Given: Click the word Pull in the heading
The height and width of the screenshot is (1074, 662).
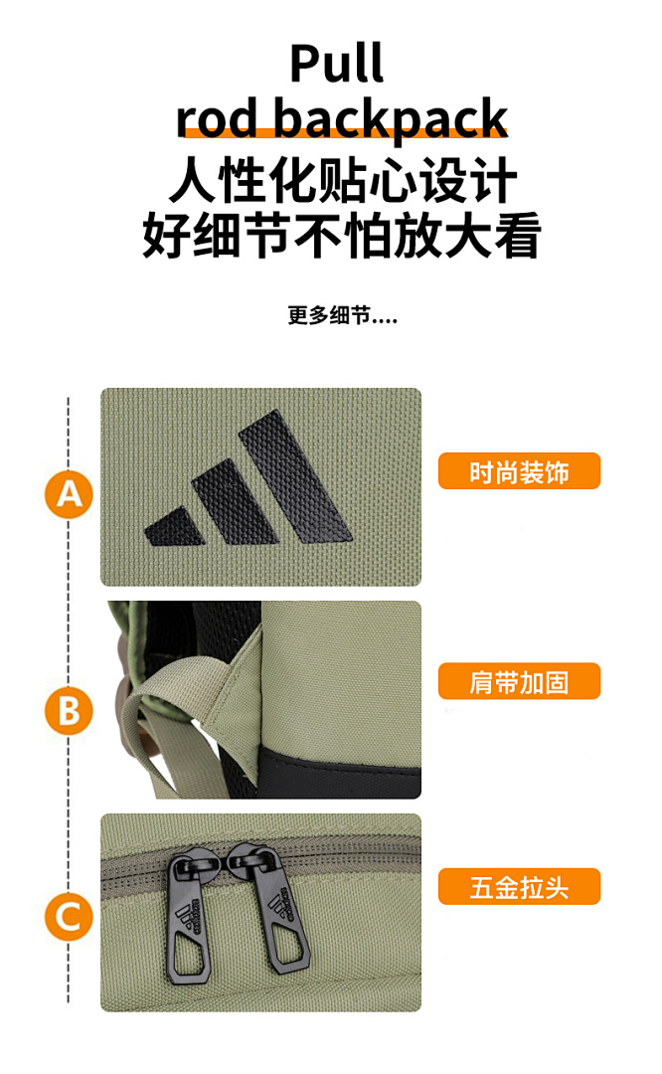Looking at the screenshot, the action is (x=336, y=64).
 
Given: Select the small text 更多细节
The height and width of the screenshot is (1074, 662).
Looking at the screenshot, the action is (x=329, y=315).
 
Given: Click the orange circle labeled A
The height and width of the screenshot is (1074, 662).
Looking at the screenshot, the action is (x=69, y=494).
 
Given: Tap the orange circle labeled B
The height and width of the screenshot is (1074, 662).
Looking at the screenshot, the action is (x=69, y=710).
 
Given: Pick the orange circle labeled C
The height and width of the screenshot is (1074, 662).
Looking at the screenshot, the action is (x=69, y=917).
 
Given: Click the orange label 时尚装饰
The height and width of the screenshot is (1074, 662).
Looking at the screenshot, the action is (x=519, y=471).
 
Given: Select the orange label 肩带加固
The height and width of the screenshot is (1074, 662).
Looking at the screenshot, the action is (x=519, y=681).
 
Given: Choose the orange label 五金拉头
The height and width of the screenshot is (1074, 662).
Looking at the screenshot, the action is (x=519, y=887).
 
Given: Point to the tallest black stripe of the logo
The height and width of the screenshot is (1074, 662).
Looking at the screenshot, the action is (x=296, y=476).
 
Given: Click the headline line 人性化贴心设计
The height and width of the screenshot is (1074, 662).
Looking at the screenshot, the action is (x=342, y=180).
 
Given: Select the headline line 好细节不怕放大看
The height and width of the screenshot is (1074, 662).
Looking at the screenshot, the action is (x=342, y=235).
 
